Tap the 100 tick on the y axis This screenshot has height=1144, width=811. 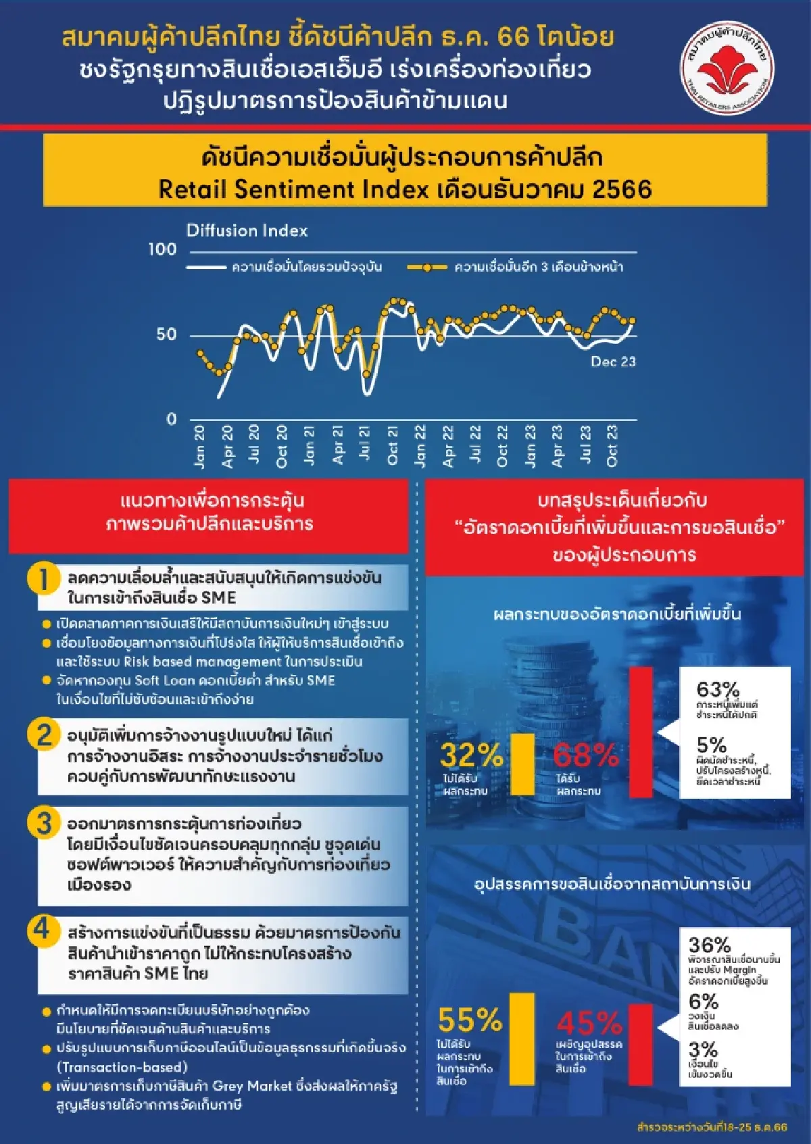click(x=162, y=249)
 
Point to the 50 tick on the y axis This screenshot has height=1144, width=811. click(x=166, y=334)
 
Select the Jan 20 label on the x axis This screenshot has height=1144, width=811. click(x=199, y=447)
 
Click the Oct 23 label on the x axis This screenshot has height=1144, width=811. click(x=612, y=445)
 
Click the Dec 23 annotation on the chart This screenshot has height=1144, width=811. click(x=613, y=362)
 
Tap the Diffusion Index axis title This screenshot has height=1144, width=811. click(x=247, y=231)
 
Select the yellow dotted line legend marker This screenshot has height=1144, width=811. click(x=426, y=268)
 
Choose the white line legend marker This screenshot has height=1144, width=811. click(x=206, y=268)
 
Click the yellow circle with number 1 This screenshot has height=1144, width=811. click(x=43, y=580)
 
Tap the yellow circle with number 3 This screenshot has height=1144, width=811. click(x=43, y=824)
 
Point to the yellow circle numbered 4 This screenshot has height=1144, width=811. click(x=42, y=930)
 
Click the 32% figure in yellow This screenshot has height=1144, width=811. click(x=471, y=755)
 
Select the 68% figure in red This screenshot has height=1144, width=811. click(x=585, y=755)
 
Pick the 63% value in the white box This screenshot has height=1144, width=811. click(x=718, y=690)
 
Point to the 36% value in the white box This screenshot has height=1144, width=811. click(x=710, y=945)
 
